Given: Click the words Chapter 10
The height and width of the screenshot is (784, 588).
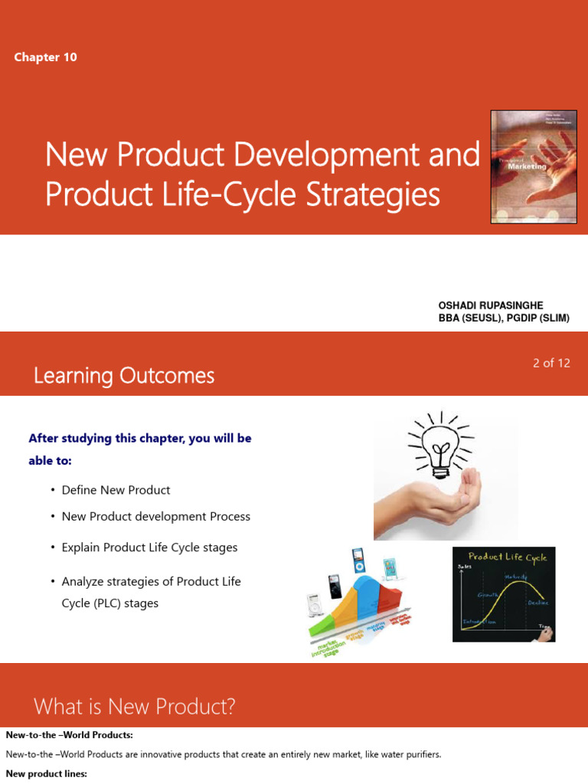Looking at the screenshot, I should pyautogui.click(x=45, y=57).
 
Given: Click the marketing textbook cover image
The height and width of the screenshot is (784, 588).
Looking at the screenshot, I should pyautogui.click(x=534, y=167).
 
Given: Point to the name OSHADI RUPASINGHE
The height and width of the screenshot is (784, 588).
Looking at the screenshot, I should pyautogui.click(x=490, y=305).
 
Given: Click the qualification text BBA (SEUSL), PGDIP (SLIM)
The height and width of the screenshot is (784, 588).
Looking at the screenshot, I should pyautogui.click(x=504, y=318).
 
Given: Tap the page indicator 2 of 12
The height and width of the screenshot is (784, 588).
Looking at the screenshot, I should pyautogui.click(x=551, y=363).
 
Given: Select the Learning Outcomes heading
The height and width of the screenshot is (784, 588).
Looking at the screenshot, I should pyautogui.click(x=124, y=375).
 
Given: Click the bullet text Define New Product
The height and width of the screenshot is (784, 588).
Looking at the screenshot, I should pyautogui.click(x=116, y=490).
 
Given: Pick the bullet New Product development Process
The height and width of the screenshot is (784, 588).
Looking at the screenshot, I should pyautogui.click(x=155, y=516).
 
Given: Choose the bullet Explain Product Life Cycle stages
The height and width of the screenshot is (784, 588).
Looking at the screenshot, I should pyautogui.click(x=149, y=547).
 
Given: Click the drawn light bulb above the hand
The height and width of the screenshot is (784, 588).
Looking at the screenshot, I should pyautogui.click(x=441, y=444).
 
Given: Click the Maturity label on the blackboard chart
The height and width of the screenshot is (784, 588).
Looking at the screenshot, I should pyautogui.click(x=514, y=577).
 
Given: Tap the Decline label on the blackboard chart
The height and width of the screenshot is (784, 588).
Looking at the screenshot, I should pyautogui.click(x=537, y=603).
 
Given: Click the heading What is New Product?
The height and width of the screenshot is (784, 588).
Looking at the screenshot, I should pyautogui.click(x=134, y=706).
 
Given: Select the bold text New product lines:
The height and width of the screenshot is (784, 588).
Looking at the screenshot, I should pyautogui.click(x=47, y=774).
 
